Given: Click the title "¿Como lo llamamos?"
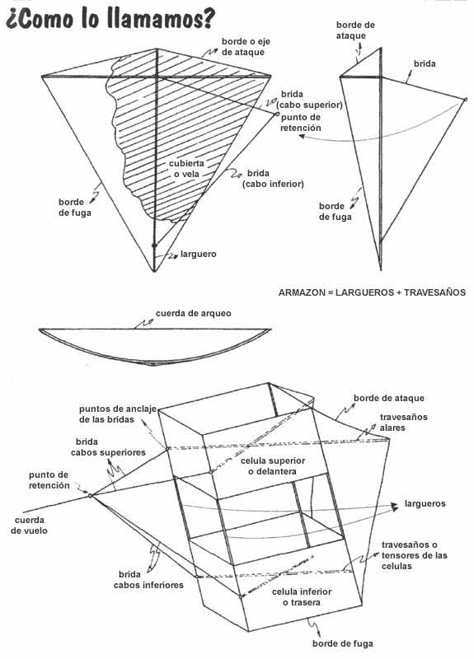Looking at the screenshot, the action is click(110, 19).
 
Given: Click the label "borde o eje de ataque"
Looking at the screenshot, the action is click(246, 47).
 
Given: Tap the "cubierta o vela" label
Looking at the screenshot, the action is click(187, 169).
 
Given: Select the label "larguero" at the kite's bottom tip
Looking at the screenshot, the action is click(198, 254).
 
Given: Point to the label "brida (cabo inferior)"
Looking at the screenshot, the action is click(273, 179).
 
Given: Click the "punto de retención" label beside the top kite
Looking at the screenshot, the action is click(301, 122).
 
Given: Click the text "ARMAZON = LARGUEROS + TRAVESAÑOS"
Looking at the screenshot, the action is click(373, 292).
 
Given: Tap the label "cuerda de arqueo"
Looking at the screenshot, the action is click(194, 314).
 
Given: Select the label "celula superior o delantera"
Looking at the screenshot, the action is click(273, 466).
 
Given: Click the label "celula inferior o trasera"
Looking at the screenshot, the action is click(302, 596).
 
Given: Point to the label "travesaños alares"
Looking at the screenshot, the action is click(397, 423).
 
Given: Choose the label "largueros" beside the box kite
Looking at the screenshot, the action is click(425, 503).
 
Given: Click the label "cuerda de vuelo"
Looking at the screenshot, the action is click(30, 526).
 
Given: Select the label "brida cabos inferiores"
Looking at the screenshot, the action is click(148, 580).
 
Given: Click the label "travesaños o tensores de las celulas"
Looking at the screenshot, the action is click(415, 555).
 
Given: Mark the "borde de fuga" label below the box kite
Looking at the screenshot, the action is click(342, 643).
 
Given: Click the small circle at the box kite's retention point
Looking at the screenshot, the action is click(90, 496).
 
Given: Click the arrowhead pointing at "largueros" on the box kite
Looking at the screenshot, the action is click(395, 507).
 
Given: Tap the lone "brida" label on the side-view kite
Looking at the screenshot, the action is click(425, 64).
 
